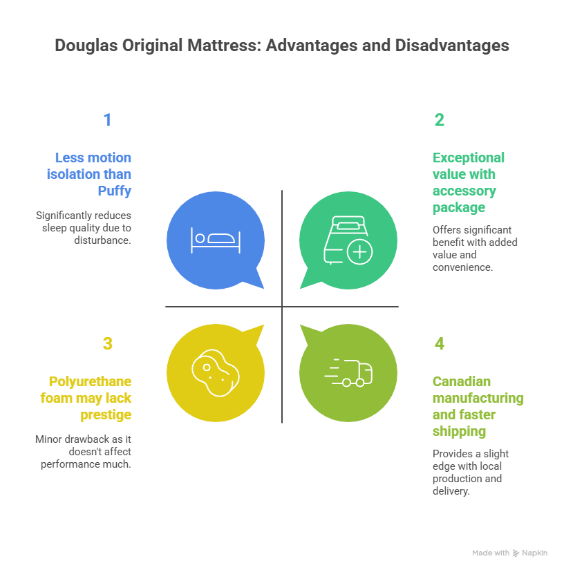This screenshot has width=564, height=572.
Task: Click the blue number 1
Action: (x=107, y=120)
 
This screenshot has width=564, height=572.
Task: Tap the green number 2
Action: (x=439, y=120)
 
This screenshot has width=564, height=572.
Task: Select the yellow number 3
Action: (x=107, y=344)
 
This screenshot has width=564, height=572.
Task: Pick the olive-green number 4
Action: (x=439, y=344)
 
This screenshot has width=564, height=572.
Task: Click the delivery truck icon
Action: (x=348, y=372)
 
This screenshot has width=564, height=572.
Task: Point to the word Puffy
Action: (x=114, y=191)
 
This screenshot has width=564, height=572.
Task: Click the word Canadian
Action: (x=461, y=381)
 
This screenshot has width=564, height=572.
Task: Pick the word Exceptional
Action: (x=469, y=158)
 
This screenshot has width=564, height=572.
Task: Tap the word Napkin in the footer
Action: (x=534, y=553)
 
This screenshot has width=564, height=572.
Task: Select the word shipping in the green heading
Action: (x=459, y=432)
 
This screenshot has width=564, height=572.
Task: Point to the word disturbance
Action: (x=102, y=240)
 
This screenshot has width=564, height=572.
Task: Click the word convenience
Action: (x=462, y=267)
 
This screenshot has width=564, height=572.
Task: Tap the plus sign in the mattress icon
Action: (x=359, y=252)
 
